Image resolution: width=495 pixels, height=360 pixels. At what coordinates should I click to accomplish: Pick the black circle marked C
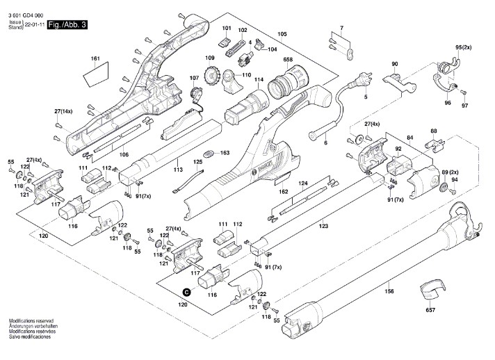pos(186,293)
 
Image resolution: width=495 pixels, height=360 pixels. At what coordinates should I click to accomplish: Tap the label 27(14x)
pos(64,111)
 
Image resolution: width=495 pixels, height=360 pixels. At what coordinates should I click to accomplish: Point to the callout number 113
pos(178,168)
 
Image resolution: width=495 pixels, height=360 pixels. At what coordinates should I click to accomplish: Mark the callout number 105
pos(282,34)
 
